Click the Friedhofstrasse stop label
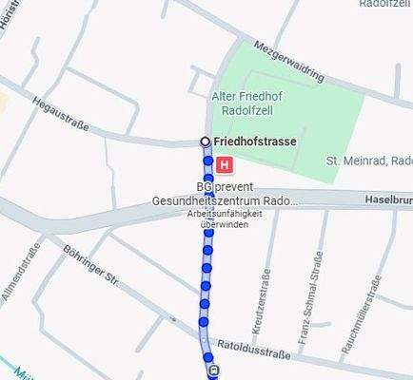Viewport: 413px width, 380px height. pyautogui.click(x=255, y=142)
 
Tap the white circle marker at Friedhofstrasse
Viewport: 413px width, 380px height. pyautogui.click(x=205, y=142)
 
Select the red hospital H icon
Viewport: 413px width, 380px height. pyautogui.click(x=225, y=165)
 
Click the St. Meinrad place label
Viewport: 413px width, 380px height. pyautogui.click(x=367, y=160)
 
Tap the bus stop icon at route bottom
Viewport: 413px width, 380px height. pyautogui.click(x=212, y=371)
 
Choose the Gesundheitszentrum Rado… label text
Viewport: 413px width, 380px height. pyautogui.click(x=225, y=201)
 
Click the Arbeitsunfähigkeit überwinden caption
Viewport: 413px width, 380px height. pyautogui.click(x=225, y=218)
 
